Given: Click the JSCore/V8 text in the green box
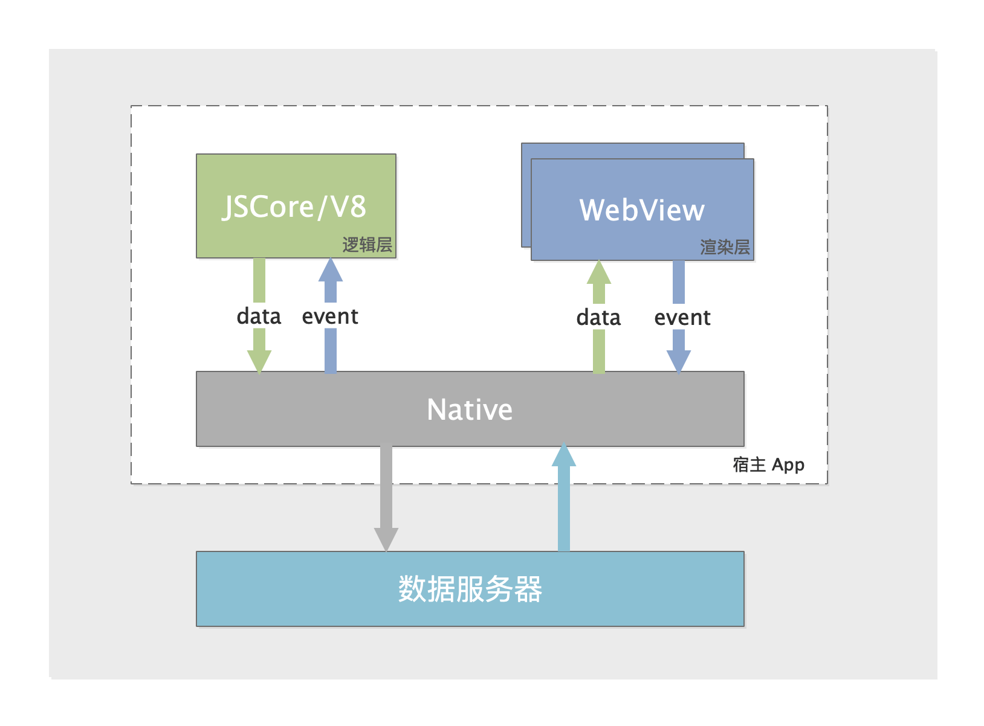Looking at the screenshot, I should (295, 207).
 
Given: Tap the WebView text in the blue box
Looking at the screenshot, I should (642, 210).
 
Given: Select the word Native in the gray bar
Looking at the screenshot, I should (470, 410).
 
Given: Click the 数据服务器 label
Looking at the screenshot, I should (470, 589).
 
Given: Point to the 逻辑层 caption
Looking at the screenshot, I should (367, 245).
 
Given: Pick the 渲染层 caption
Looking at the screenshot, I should (725, 247).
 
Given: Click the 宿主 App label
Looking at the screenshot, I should (768, 464).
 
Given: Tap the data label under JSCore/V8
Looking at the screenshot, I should (259, 316).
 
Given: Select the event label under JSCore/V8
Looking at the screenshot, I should (330, 316).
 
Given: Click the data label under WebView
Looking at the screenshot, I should (598, 317).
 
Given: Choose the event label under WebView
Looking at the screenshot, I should (682, 317).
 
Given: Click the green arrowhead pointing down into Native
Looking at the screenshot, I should (259, 361).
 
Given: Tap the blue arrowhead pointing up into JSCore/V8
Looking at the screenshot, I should (331, 271).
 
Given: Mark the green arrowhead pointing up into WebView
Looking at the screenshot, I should (599, 273).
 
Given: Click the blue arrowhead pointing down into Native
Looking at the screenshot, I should (679, 361).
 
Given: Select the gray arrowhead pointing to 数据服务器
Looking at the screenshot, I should (386, 538).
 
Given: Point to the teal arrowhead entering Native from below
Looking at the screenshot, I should (564, 456).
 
